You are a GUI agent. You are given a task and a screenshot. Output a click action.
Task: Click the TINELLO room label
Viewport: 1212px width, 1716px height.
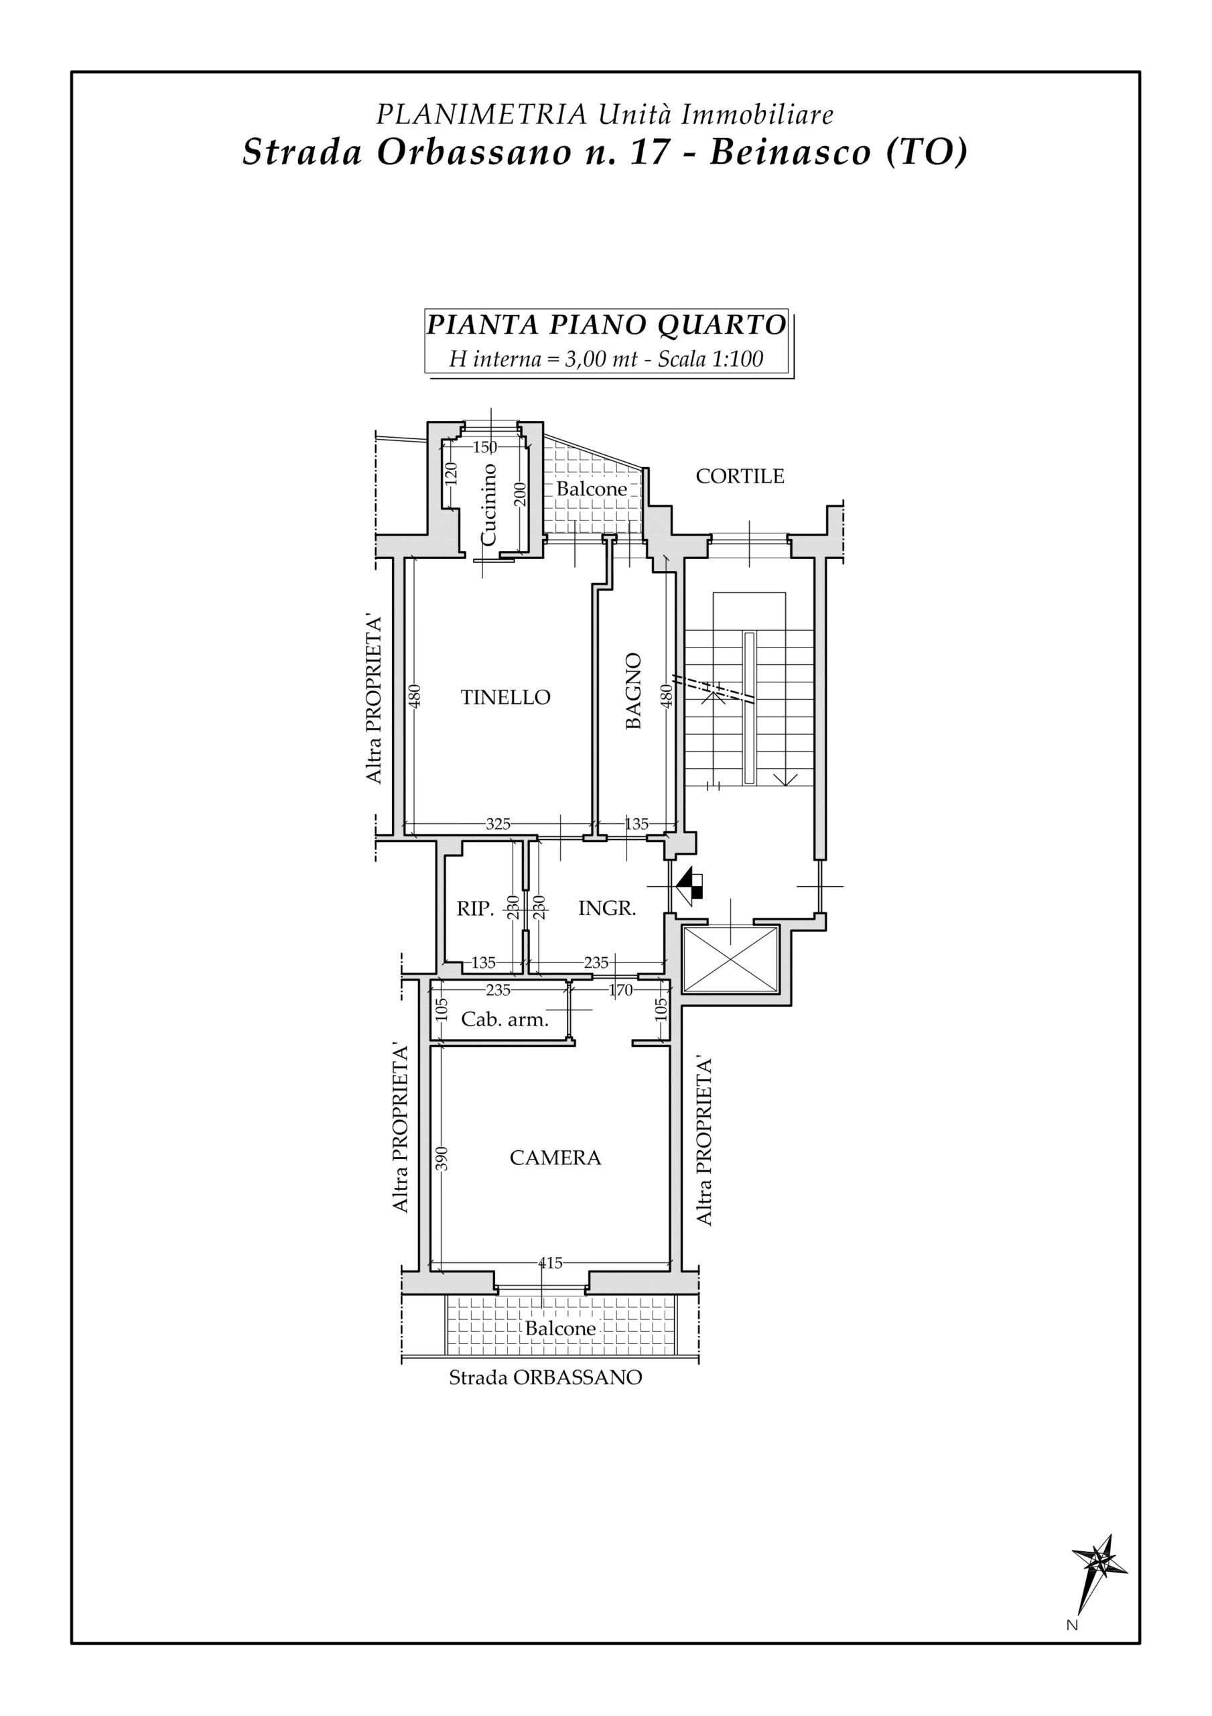click(x=505, y=697)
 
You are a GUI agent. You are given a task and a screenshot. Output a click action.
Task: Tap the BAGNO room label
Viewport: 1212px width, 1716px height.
click(x=633, y=690)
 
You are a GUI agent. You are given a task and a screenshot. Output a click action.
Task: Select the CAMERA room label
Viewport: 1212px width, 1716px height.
click(x=555, y=1158)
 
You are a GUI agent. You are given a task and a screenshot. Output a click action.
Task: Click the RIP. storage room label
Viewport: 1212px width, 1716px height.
click(x=475, y=909)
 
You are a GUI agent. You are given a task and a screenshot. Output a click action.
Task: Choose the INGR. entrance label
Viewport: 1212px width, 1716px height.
click(x=607, y=909)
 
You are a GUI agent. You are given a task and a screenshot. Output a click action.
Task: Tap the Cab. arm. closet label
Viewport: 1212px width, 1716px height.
click(x=504, y=1020)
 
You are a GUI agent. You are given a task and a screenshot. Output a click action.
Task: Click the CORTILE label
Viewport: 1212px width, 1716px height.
click(x=740, y=476)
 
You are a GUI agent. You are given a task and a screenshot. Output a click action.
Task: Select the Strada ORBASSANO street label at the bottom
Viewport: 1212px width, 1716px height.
click(x=545, y=1377)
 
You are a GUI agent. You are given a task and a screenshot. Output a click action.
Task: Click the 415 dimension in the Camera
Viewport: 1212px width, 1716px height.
click(x=550, y=1263)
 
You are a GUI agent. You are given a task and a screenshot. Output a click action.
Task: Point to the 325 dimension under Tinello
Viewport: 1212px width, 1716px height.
click(x=498, y=824)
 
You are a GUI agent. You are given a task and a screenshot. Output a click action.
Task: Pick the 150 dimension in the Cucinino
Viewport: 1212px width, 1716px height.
click(x=485, y=447)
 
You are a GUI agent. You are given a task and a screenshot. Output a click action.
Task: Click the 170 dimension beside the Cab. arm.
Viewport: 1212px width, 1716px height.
click(x=620, y=990)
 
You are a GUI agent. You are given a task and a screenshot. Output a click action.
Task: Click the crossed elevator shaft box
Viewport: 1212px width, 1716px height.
click(x=731, y=960)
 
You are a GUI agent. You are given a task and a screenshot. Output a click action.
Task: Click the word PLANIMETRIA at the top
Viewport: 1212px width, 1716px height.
click(x=481, y=115)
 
